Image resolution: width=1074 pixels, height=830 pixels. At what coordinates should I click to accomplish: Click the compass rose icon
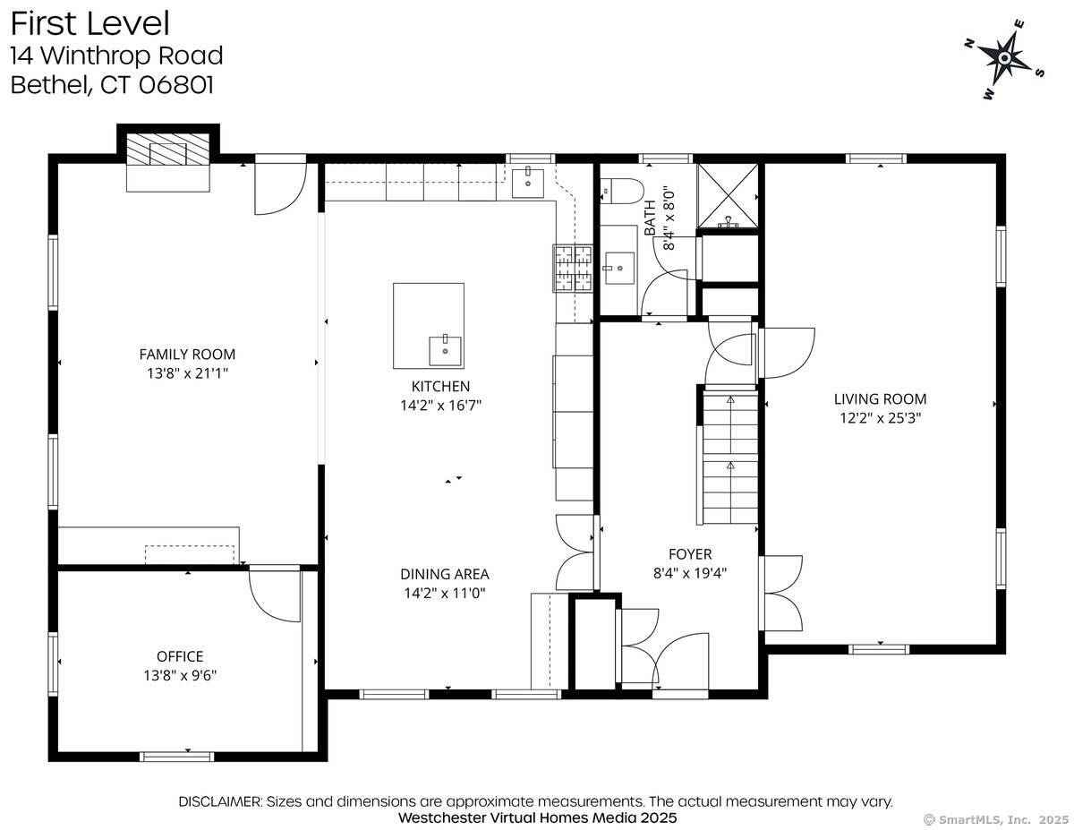(x=1004, y=58)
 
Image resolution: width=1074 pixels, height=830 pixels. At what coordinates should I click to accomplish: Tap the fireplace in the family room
(x=168, y=154)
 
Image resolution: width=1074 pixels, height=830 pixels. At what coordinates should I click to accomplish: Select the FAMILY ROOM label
(x=187, y=355)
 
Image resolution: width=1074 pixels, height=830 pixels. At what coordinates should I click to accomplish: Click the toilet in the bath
(x=624, y=189)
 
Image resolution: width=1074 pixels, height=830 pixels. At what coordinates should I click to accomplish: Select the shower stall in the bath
(x=727, y=194)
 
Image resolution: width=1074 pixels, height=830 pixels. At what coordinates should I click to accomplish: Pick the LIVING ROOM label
(x=880, y=399)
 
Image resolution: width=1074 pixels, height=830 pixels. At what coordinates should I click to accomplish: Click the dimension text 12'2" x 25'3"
(x=880, y=417)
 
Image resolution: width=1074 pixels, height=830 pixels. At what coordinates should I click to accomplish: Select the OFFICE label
(x=180, y=656)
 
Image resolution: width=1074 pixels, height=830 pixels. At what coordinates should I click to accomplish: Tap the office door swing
(x=274, y=595)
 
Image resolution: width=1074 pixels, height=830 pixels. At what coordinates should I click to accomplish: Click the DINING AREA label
(x=445, y=574)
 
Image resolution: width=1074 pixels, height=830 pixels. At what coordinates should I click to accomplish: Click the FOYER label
(x=690, y=554)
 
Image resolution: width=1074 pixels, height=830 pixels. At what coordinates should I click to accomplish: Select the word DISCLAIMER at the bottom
(x=220, y=801)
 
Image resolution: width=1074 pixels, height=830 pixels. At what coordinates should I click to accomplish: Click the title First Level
(x=89, y=22)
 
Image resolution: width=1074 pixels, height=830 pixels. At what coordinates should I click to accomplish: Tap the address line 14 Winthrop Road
(x=116, y=56)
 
